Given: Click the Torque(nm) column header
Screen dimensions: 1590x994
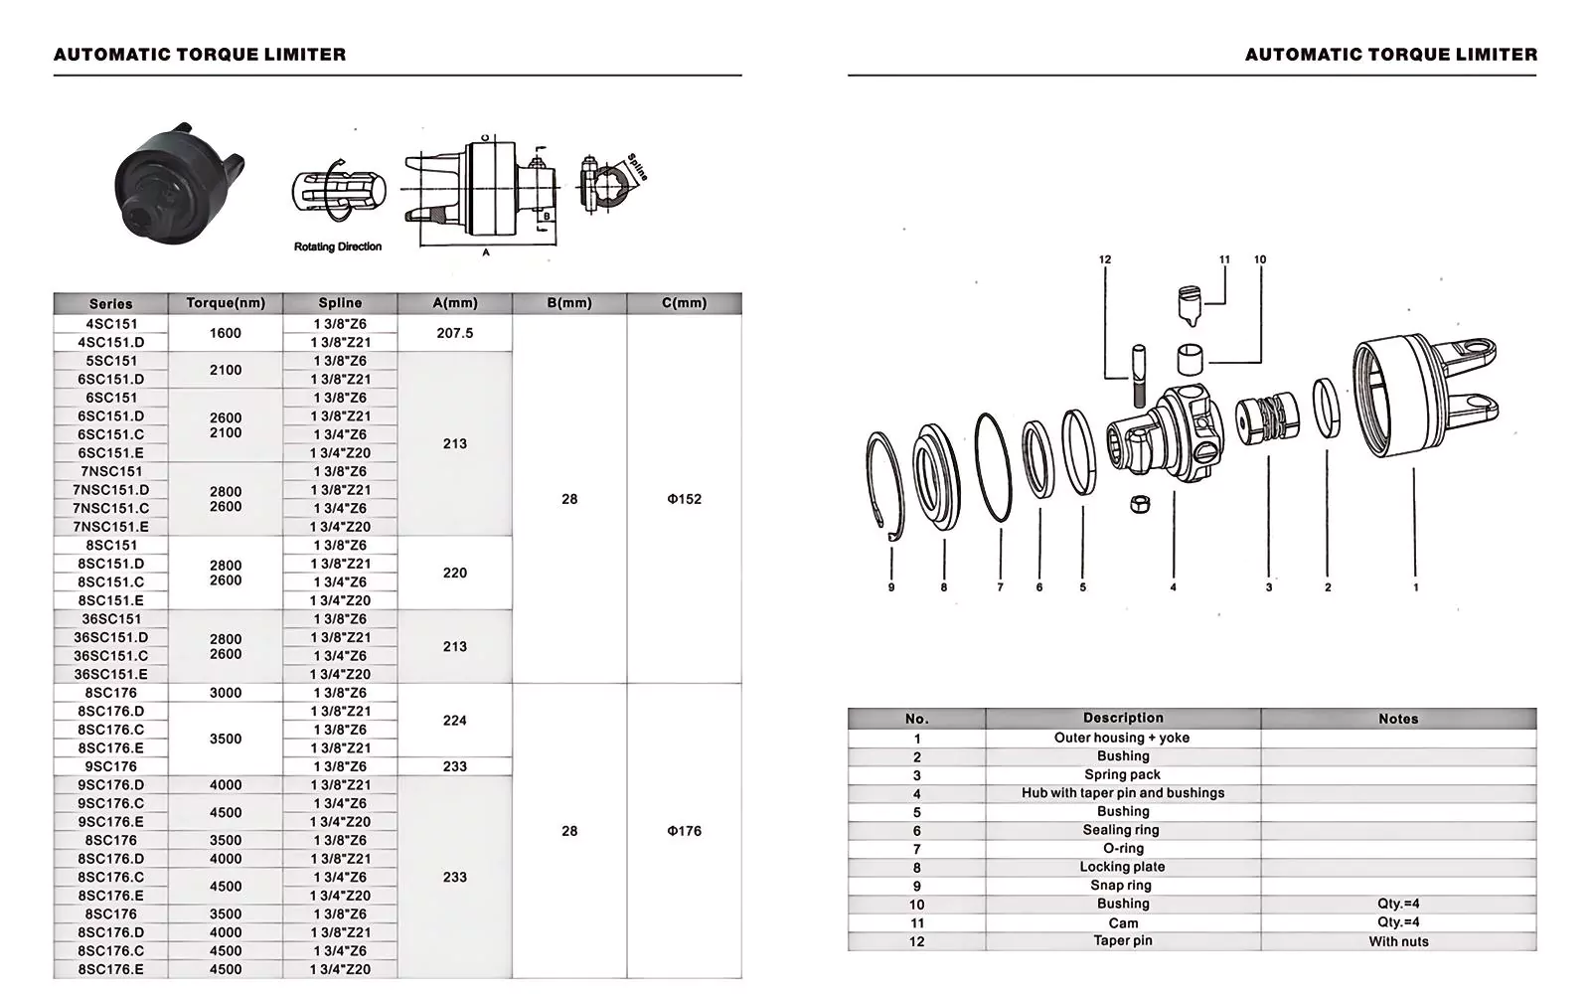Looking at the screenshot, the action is (226, 303).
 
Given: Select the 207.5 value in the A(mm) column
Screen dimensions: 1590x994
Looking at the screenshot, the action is (455, 333).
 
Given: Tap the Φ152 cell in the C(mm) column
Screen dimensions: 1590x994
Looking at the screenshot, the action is (685, 499).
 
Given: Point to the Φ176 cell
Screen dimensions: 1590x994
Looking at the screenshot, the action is (685, 831).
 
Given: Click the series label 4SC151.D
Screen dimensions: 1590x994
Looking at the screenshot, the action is (110, 342).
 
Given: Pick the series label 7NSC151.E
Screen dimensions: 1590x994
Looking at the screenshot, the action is (110, 527).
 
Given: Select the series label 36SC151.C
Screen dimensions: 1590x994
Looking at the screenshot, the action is (110, 656).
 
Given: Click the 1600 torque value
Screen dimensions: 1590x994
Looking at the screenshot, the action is (226, 333).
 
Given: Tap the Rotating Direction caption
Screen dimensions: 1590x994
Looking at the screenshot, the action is (338, 247).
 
